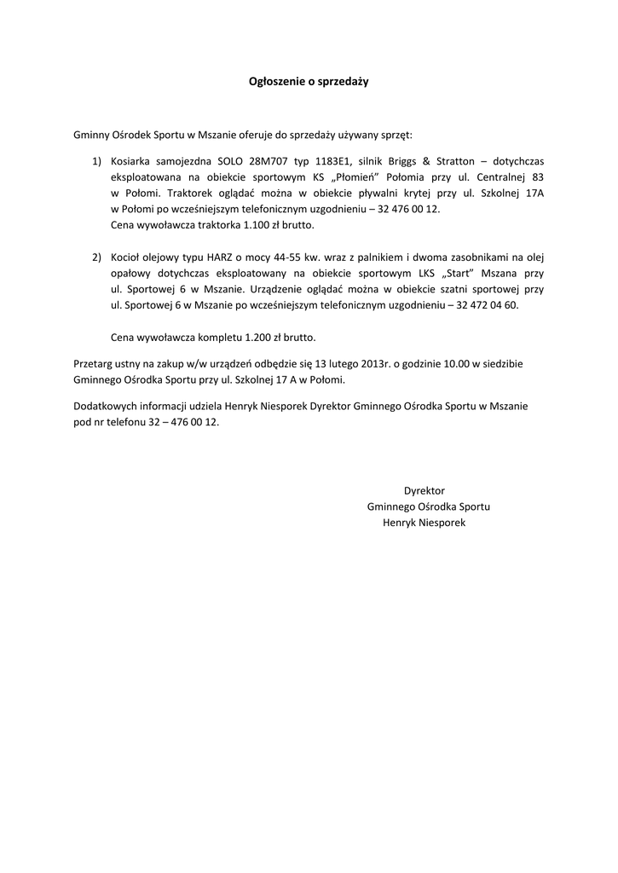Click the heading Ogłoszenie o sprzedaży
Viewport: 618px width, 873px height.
(309, 82)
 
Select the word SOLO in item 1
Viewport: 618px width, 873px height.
(230, 160)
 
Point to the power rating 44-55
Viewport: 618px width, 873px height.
(296, 257)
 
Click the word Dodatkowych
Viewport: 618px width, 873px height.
(105, 407)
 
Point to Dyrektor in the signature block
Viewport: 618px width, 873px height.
(425, 491)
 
